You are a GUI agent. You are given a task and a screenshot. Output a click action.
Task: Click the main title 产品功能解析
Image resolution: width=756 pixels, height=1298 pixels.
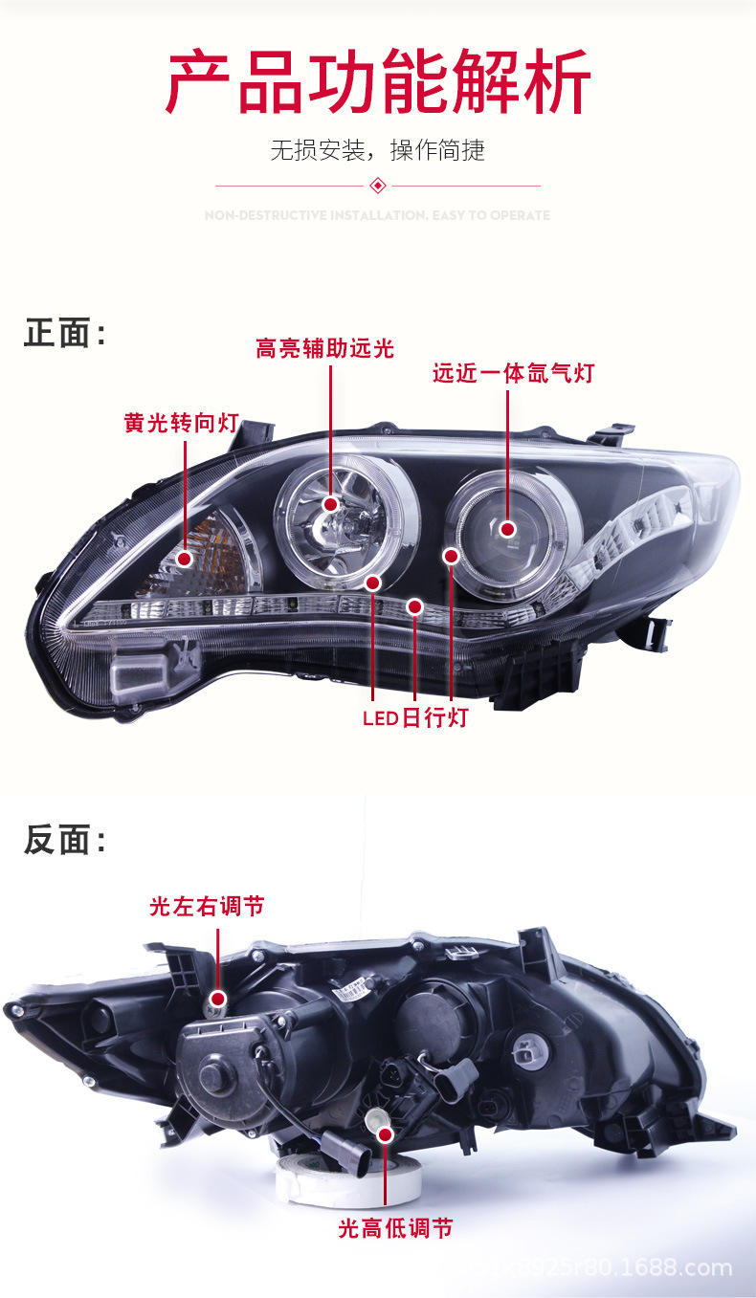click(378, 83)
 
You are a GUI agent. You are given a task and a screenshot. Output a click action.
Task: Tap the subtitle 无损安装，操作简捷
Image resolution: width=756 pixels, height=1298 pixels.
click(378, 150)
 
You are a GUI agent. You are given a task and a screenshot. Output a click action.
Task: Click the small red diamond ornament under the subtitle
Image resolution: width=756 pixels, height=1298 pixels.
click(378, 185)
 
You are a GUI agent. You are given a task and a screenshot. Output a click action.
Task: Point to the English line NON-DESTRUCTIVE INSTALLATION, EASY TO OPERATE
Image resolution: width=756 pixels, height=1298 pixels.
click(378, 216)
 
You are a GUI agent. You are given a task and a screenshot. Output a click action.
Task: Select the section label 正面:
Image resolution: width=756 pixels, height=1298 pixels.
click(64, 334)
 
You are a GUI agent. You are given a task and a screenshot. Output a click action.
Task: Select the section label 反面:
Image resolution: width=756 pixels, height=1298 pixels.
click(64, 840)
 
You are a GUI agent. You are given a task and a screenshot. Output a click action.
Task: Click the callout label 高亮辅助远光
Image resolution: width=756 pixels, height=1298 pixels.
click(324, 348)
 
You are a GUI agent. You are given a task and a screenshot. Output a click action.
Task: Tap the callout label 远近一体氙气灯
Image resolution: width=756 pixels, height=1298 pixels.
click(514, 373)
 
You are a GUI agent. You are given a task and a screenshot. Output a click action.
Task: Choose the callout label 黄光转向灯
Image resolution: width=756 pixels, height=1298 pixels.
click(181, 423)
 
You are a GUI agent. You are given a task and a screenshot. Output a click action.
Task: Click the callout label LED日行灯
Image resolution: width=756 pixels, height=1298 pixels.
click(415, 717)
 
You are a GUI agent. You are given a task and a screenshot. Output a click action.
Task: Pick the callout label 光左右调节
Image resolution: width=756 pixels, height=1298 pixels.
click(207, 906)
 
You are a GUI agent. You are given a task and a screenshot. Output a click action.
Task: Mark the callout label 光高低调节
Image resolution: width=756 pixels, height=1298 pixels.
click(395, 1228)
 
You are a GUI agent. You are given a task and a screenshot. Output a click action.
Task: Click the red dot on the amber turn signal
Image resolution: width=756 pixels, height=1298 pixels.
click(185, 556)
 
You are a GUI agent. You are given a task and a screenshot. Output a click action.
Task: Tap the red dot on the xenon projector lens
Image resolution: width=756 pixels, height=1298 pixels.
click(507, 529)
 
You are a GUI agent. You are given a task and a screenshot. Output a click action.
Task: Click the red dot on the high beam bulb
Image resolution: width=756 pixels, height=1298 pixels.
click(330, 504)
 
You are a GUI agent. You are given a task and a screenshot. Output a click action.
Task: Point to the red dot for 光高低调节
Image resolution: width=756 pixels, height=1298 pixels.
click(386, 1134)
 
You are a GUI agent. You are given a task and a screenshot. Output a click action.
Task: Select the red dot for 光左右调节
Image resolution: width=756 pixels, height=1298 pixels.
click(219, 1000)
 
